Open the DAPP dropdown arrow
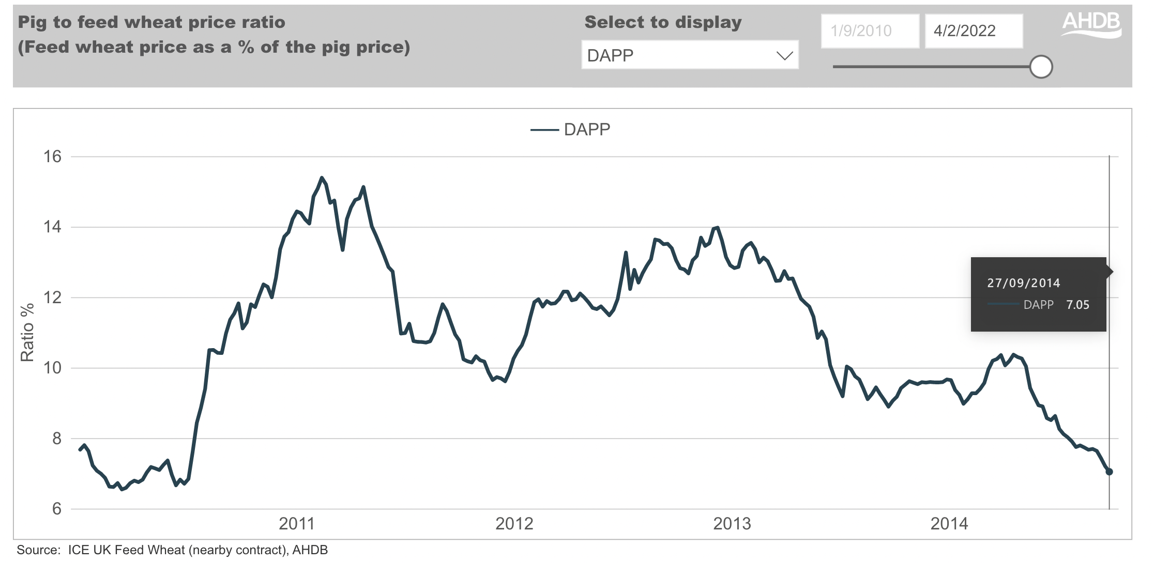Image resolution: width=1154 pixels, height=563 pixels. pyautogui.click(x=784, y=55)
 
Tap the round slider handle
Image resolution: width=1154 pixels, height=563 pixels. pyautogui.click(x=1041, y=67)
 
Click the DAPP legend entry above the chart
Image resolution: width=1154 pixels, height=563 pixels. pyautogui.click(x=571, y=130)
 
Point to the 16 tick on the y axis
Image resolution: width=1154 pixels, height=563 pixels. pyautogui.click(x=52, y=157)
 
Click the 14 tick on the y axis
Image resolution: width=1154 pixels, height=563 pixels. pyautogui.click(x=52, y=227)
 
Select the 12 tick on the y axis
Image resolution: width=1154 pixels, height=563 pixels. pyautogui.click(x=52, y=298)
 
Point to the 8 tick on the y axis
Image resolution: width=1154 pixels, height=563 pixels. pyautogui.click(x=56, y=439)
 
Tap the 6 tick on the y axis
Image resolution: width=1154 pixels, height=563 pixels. pyautogui.click(x=56, y=509)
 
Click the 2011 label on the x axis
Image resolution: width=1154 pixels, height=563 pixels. pyautogui.click(x=296, y=524)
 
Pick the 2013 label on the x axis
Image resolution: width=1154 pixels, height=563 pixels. pyautogui.click(x=732, y=524)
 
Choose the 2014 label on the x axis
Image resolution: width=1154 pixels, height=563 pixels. pyautogui.click(x=949, y=524)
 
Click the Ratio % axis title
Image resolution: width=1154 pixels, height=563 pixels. pyautogui.click(x=27, y=332)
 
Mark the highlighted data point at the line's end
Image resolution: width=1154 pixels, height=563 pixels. pyautogui.click(x=1109, y=472)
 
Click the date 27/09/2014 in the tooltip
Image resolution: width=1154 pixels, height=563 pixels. pyautogui.click(x=1023, y=283)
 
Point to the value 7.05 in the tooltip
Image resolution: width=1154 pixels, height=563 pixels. pyautogui.click(x=1077, y=305)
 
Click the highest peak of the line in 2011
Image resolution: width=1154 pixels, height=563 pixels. pyautogui.click(x=322, y=178)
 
